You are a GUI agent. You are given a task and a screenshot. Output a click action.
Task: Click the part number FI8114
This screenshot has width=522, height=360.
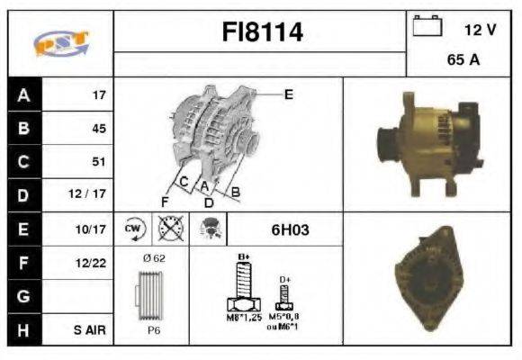coord(261,32)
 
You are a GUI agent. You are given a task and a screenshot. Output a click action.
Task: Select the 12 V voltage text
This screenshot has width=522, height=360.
coord(480,30)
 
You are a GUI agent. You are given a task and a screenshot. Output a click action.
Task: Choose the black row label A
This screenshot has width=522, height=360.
coord(23,94)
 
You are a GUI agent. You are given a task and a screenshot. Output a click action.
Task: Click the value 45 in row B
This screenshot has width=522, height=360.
coord(98,128)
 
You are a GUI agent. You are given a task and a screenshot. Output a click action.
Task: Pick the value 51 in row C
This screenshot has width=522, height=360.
coord(98,162)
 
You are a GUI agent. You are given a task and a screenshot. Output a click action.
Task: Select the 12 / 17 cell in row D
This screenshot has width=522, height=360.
coord(93,195)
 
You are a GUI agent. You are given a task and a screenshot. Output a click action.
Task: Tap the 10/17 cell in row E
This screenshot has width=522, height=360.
coord(94,229)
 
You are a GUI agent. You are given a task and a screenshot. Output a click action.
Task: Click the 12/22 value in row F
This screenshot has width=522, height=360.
coord(94,263)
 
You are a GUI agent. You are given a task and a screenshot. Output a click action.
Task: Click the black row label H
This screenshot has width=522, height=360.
coord(23,330)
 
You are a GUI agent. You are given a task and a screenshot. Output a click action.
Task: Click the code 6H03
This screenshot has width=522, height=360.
coord(290,230)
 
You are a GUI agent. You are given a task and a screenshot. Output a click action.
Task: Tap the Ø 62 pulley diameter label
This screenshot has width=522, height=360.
coord(154,259)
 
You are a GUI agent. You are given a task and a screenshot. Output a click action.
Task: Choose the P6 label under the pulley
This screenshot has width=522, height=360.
coord(154,329)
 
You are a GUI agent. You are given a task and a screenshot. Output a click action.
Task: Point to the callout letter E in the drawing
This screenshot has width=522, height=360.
coord(288,94)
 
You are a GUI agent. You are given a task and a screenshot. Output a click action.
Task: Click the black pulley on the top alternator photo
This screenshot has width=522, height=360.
coord(386,143)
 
